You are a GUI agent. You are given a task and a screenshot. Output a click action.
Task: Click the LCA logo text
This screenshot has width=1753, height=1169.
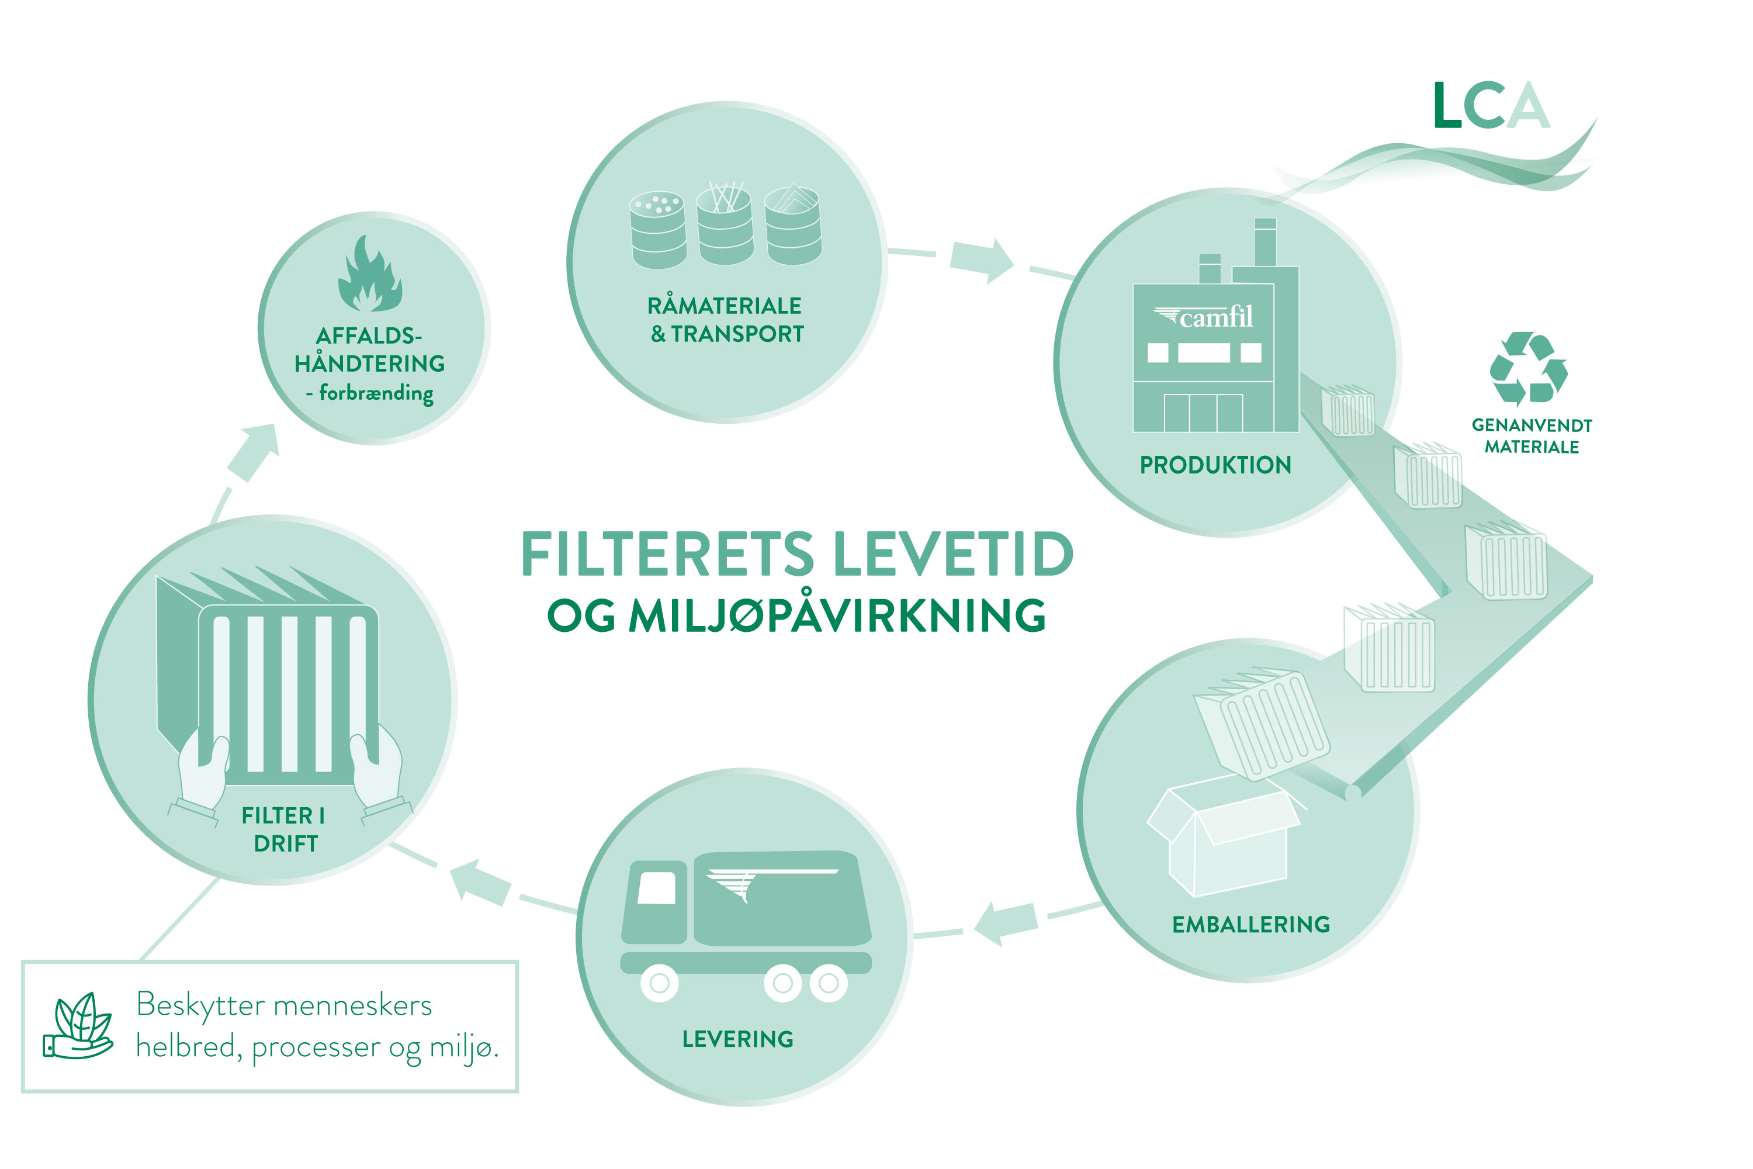click(x=1491, y=105)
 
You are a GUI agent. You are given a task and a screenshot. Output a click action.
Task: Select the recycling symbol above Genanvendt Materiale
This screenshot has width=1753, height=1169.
click(x=1528, y=368)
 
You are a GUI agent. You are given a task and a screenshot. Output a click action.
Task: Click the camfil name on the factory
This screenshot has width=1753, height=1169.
click(x=1215, y=317)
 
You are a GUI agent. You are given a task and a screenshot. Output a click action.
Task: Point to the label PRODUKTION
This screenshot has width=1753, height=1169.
click(x=1215, y=465)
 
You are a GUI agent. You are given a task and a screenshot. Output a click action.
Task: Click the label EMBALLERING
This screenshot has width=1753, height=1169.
click(x=1250, y=925)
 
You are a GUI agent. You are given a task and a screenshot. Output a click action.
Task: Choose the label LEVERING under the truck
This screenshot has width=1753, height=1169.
click(x=738, y=1039)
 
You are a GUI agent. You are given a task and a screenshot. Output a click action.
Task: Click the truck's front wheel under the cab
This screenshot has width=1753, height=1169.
click(x=660, y=983)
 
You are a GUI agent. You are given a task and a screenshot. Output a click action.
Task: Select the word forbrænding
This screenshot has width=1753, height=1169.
click(x=376, y=393)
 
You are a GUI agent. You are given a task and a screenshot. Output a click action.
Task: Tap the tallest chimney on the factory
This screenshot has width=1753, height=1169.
click(x=1265, y=243)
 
